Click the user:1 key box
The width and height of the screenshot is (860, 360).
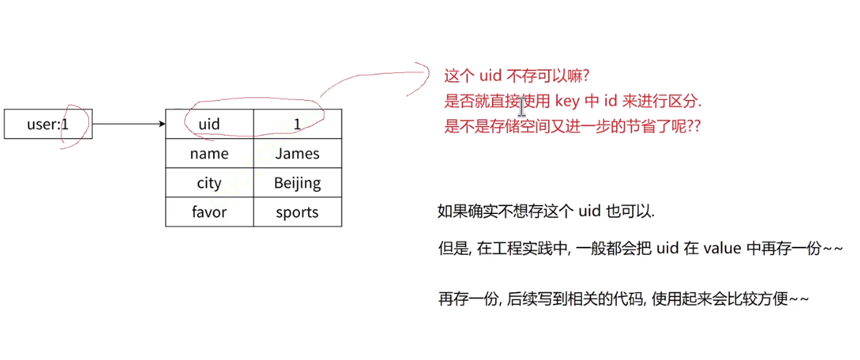(x=48, y=124)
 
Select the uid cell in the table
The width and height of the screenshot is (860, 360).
(x=210, y=124)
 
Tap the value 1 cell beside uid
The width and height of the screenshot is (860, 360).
(x=297, y=124)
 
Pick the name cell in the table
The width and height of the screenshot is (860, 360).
(x=210, y=153)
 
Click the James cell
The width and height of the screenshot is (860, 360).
(x=297, y=153)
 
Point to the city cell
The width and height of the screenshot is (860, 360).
(x=210, y=183)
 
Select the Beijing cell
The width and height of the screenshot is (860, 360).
(x=297, y=183)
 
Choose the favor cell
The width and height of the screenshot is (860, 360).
(x=210, y=212)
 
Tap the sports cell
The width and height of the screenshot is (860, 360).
(x=297, y=212)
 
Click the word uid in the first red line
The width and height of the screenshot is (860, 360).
(x=488, y=75)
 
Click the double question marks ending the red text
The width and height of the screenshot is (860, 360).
(x=694, y=126)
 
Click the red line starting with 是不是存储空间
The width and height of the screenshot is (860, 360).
(x=572, y=126)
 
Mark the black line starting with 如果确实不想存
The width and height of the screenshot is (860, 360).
(x=546, y=212)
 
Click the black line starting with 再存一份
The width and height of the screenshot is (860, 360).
(x=623, y=299)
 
